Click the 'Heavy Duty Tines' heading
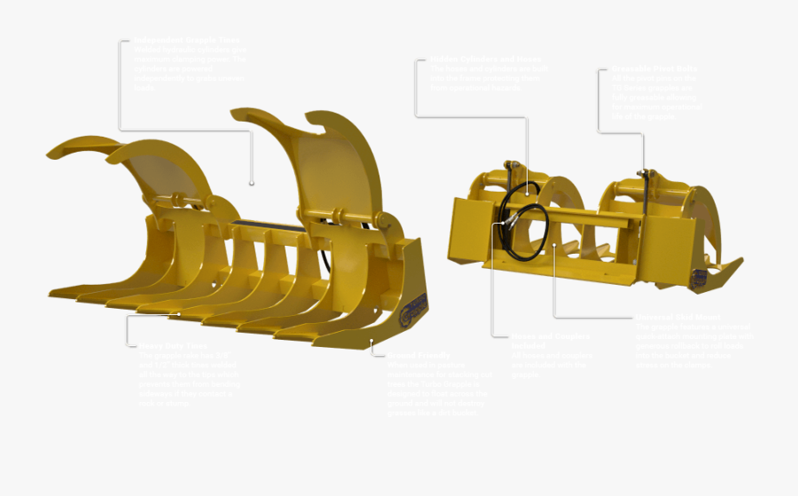pos(174,345)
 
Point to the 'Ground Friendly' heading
pos(418,354)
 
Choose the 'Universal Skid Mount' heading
pos(678,317)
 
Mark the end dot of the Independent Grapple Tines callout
pos(252,184)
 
